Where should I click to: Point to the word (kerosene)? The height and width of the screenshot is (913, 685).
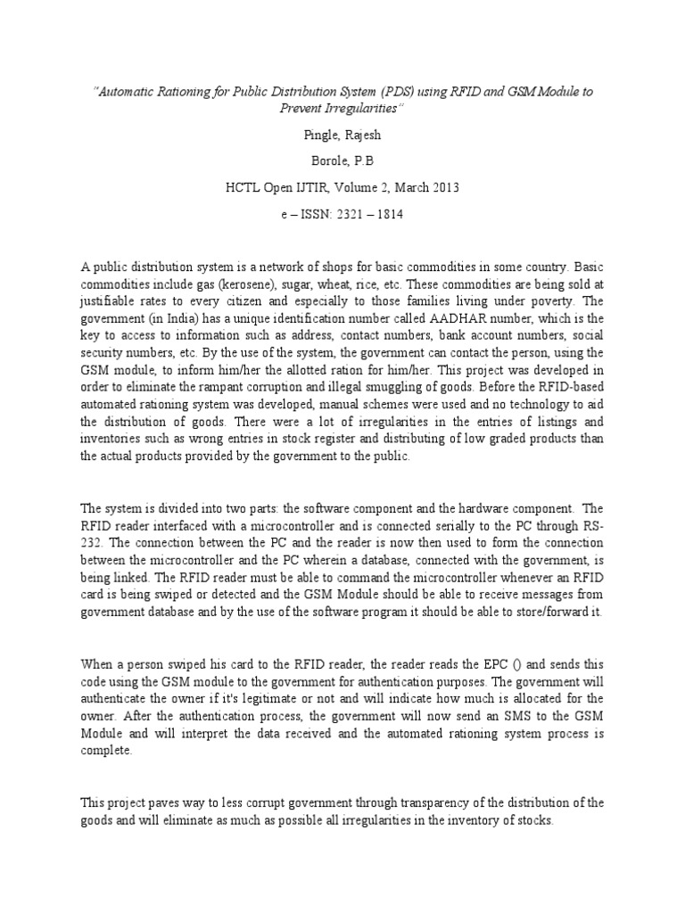245,282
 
